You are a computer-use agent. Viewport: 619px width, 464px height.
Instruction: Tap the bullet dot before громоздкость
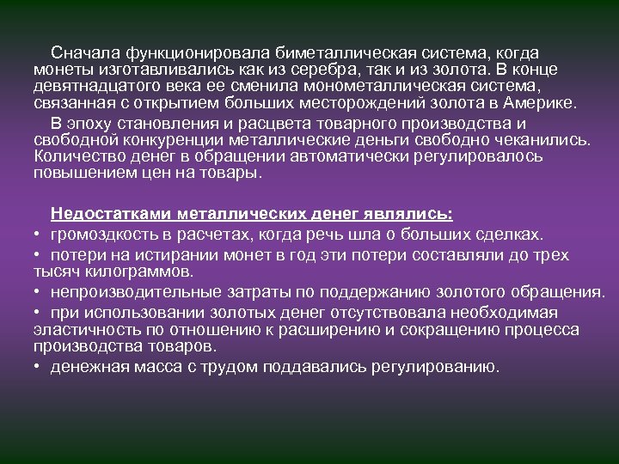click(38, 235)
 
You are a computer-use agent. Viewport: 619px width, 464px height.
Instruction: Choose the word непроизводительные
click(134, 293)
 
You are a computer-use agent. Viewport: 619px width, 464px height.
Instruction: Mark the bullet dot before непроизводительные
click(38, 294)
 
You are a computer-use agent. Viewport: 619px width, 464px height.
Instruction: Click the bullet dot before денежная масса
click(38, 368)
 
